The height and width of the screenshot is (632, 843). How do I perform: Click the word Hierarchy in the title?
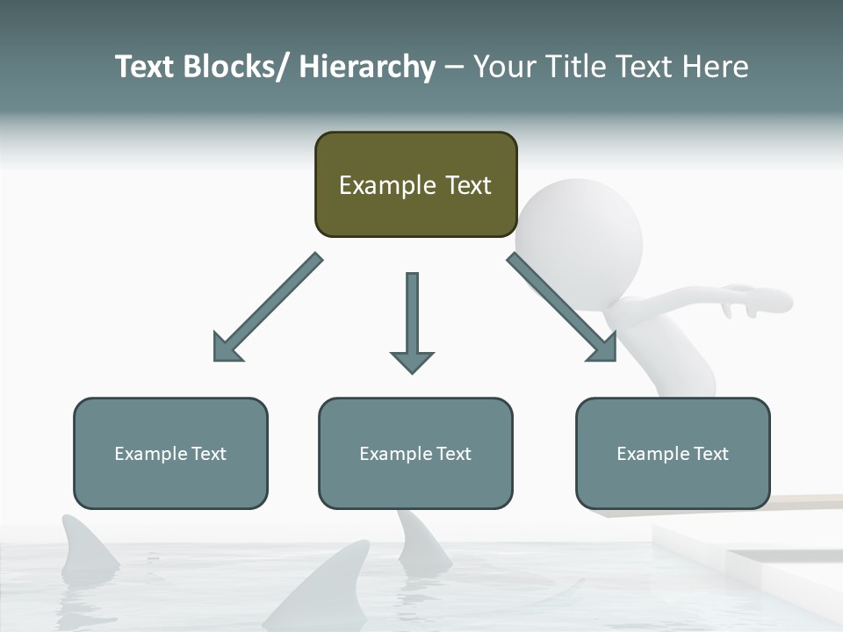pyautogui.click(x=367, y=67)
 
